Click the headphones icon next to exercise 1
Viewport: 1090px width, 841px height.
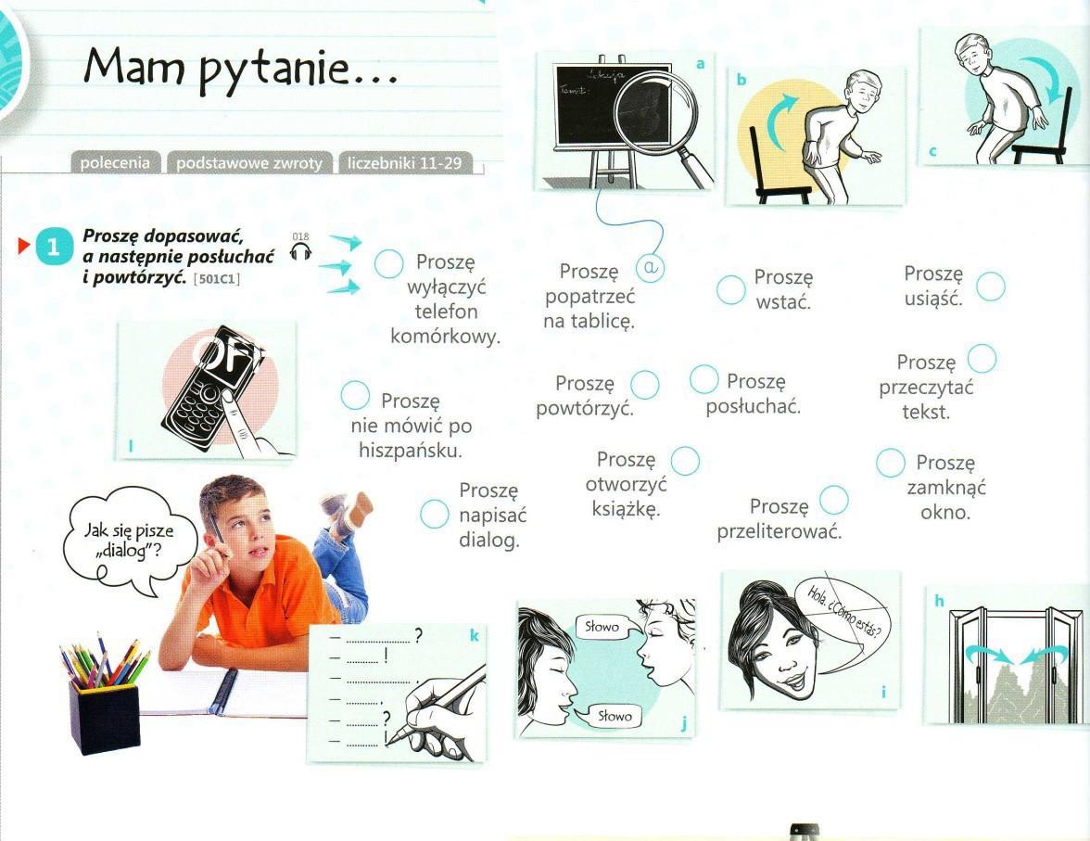tap(301, 251)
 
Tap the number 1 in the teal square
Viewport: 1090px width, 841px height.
tap(53, 247)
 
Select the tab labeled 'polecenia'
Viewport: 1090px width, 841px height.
tap(115, 163)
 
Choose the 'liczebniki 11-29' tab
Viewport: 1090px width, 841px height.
tap(404, 163)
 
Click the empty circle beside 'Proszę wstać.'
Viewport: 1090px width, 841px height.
tap(731, 289)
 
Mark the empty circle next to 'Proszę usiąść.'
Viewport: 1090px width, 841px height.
tap(991, 286)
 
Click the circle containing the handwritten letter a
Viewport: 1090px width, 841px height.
tap(651, 267)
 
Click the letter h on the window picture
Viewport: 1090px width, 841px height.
tap(939, 600)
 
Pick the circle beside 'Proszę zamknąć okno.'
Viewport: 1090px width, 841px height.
tap(891, 464)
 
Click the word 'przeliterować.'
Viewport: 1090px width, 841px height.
tap(779, 532)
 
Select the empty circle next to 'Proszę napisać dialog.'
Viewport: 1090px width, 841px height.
tap(435, 514)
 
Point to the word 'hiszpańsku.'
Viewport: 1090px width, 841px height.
tap(410, 451)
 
